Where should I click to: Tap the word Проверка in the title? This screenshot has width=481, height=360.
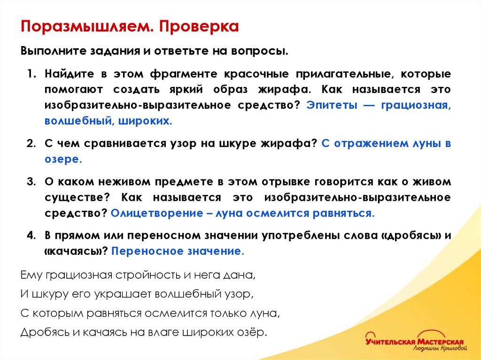coord(198,26)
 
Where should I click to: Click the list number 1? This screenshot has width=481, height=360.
coord(31,74)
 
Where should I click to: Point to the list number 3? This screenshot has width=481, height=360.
coord(31,182)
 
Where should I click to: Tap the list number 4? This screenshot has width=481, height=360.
coord(31,236)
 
